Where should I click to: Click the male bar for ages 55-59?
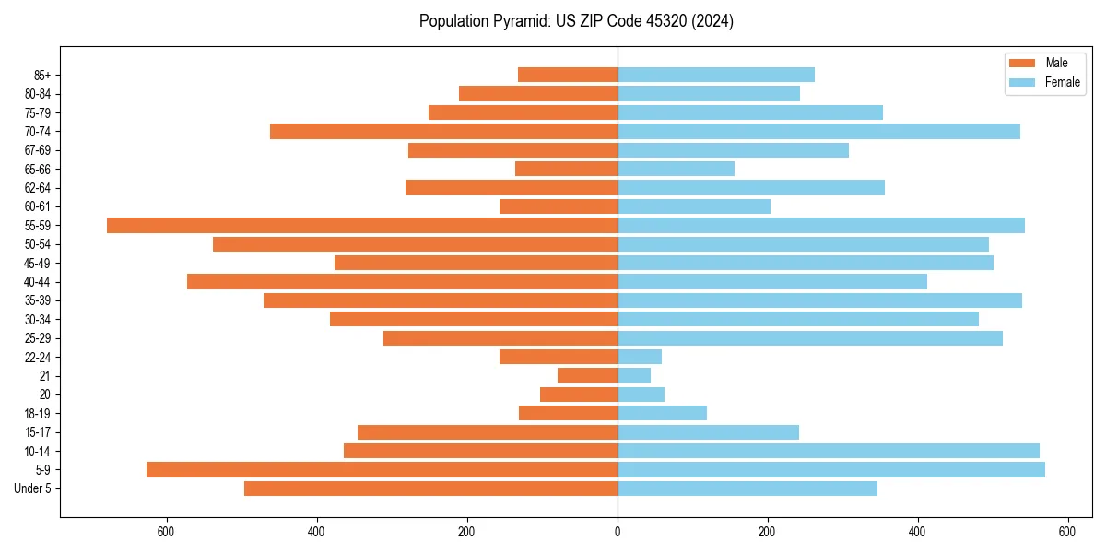click(362, 225)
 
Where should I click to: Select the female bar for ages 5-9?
click(830, 469)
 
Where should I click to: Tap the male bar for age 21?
click(587, 375)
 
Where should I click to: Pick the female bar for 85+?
click(715, 75)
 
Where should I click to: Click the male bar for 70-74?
click(443, 131)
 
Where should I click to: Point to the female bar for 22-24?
click(639, 357)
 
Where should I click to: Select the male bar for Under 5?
click(430, 488)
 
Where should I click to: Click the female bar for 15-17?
click(708, 432)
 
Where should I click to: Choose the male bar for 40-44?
click(402, 281)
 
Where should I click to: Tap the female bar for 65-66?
click(676, 169)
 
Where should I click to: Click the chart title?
click(576, 21)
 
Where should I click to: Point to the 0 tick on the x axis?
click(618, 532)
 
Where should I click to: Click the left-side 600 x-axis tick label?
click(167, 532)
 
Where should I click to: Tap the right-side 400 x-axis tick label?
click(917, 532)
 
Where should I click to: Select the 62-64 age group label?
click(37, 188)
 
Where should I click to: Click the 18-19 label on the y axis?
click(37, 414)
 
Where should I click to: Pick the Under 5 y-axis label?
click(33, 488)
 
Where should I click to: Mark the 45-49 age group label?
click(37, 263)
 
